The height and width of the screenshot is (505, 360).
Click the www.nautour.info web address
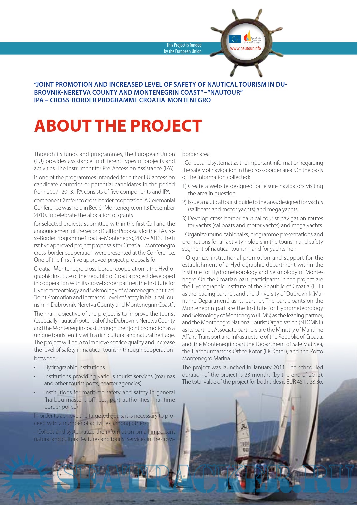245,48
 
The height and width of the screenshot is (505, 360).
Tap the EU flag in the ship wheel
234,39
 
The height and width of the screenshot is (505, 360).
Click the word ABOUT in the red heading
62,126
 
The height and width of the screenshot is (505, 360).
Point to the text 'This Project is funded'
184,45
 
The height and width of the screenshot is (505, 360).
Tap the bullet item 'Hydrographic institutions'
74,367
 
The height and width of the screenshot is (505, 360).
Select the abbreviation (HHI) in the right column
317,286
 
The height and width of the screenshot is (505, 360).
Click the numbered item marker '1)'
184,186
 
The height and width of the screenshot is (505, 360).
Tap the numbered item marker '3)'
184,218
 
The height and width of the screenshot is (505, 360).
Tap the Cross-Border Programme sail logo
248,36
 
